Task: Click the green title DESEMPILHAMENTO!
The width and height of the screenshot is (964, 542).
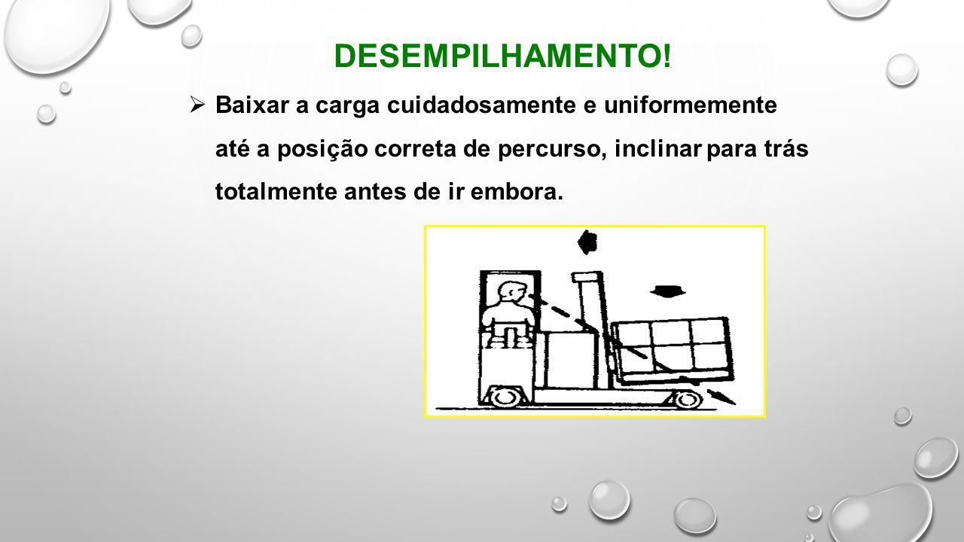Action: (502, 56)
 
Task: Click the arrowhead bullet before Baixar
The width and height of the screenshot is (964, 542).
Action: (197, 105)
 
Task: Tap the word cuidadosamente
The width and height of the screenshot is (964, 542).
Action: (481, 105)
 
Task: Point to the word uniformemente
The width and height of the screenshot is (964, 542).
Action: (691, 105)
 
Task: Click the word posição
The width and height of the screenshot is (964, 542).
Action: (322, 149)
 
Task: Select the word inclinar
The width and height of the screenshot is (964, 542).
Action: (658, 148)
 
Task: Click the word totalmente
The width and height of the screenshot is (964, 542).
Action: (276, 191)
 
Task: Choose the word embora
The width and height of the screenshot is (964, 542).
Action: (517, 191)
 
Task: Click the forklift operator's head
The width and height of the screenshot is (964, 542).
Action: (511, 294)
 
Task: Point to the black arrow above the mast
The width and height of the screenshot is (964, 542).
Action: (587, 242)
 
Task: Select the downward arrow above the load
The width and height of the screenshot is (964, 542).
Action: (667, 291)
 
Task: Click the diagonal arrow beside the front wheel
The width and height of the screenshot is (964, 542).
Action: (721, 397)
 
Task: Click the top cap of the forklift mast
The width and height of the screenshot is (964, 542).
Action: (587, 276)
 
